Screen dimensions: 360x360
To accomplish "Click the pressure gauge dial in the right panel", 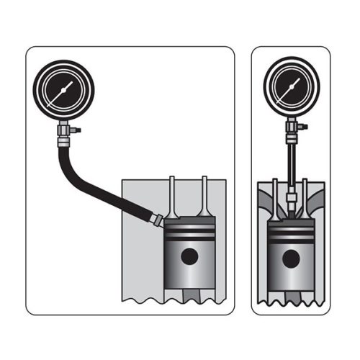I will click(x=291, y=90).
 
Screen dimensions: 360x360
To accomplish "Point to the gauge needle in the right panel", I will click(x=293, y=87).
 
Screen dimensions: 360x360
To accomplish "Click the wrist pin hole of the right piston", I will click(x=291, y=256).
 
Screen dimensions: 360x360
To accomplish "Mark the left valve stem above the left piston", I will click(x=172, y=198).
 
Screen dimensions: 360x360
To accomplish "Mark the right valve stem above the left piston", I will click(x=204, y=198).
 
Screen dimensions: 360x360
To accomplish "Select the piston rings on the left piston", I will click(x=189, y=234).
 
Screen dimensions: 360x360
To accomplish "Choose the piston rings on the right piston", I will click(x=291, y=234).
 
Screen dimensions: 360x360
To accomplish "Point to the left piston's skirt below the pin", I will click(x=189, y=277).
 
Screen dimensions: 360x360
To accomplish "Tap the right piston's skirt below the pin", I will click(x=291, y=277).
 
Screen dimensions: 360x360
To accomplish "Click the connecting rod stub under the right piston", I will click(x=291, y=295).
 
